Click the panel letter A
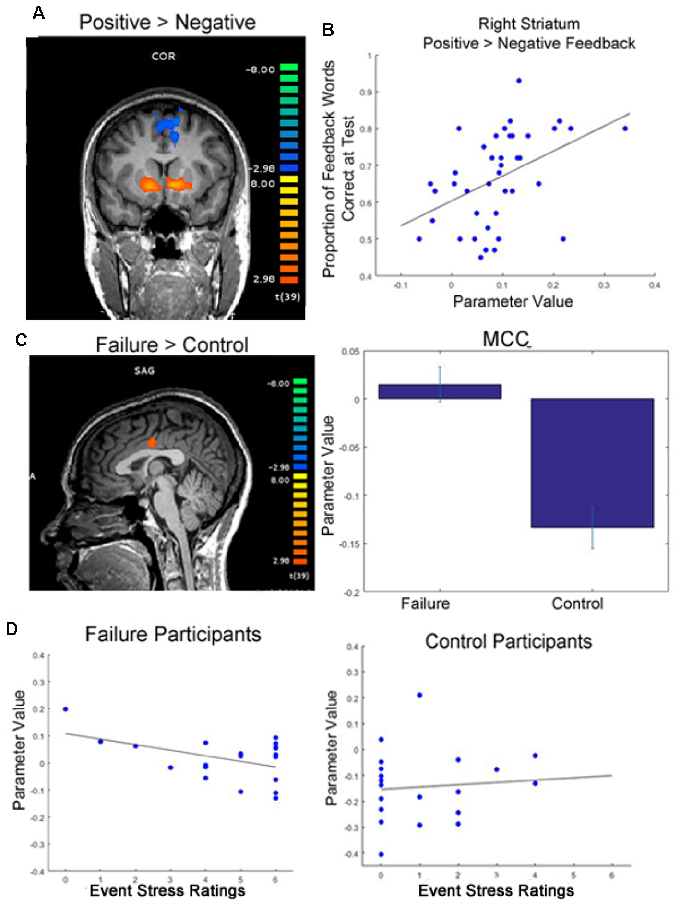(x=38, y=13)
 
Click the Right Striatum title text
(x=529, y=24)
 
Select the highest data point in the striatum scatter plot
(x=519, y=81)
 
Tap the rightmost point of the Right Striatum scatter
(x=625, y=129)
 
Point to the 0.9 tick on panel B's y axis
(x=366, y=92)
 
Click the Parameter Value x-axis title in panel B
(x=513, y=301)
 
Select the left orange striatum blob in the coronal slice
(x=151, y=184)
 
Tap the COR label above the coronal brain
(x=163, y=56)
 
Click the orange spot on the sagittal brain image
(x=152, y=442)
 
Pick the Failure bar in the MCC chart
(x=440, y=391)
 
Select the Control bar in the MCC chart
(x=592, y=462)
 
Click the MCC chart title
(x=505, y=339)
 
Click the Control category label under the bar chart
(x=577, y=603)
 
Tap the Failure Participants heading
(x=173, y=634)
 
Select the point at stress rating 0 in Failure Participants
(x=66, y=709)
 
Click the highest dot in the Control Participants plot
(x=420, y=695)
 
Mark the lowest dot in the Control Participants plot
(x=381, y=854)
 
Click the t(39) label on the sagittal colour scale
(x=298, y=576)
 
